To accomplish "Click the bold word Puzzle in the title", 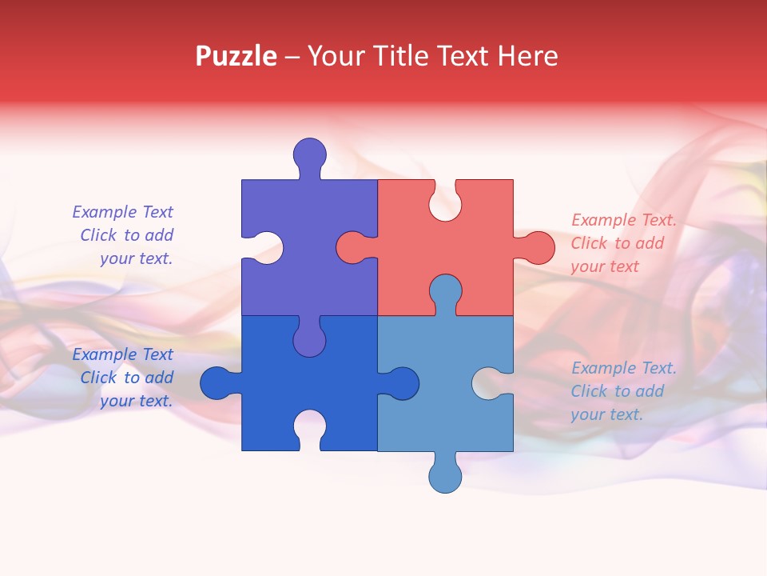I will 236,56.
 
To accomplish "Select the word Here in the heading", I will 527,56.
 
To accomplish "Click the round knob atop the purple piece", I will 309,154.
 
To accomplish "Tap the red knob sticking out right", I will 538,247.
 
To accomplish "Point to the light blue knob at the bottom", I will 445,476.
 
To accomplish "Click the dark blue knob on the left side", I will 216,383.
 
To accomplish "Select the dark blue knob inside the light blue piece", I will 403,383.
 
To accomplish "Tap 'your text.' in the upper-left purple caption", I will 136,258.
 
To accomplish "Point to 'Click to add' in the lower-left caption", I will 126,378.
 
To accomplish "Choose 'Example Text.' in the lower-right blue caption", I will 623,368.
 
